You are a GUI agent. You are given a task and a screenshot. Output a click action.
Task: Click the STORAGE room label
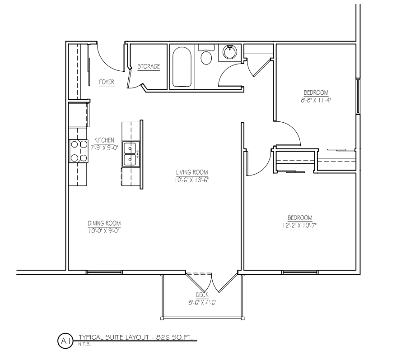(149, 66)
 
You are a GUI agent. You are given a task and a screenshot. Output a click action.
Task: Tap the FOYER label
(107, 82)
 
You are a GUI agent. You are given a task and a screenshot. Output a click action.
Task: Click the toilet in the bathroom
(206, 55)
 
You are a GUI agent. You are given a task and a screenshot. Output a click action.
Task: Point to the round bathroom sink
(229, 52)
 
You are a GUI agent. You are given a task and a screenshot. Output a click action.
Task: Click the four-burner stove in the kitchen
(79, 151)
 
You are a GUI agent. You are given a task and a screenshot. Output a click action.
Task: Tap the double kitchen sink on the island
(131, 154)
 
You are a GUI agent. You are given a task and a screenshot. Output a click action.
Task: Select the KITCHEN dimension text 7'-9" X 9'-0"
(104, 148)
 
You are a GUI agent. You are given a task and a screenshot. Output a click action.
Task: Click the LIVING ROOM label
(192, 172)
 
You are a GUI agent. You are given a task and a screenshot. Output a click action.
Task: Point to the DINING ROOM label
(104, 223)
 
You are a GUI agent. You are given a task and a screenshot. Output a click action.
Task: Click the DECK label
(202, 295)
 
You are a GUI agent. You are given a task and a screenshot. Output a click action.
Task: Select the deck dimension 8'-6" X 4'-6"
(202, 303)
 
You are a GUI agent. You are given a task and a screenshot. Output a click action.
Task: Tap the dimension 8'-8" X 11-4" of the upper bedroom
(316, 101)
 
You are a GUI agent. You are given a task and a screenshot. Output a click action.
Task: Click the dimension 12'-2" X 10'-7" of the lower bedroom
(299, 226)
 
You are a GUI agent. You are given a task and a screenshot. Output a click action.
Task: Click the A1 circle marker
(65, 341)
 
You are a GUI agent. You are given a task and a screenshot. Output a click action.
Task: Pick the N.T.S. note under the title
(84, 344)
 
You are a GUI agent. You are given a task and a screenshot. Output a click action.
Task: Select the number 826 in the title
(163, 337)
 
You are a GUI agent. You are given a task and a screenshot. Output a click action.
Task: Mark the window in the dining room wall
(104, 272)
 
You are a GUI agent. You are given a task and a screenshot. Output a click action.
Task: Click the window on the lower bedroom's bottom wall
(299, 272)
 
